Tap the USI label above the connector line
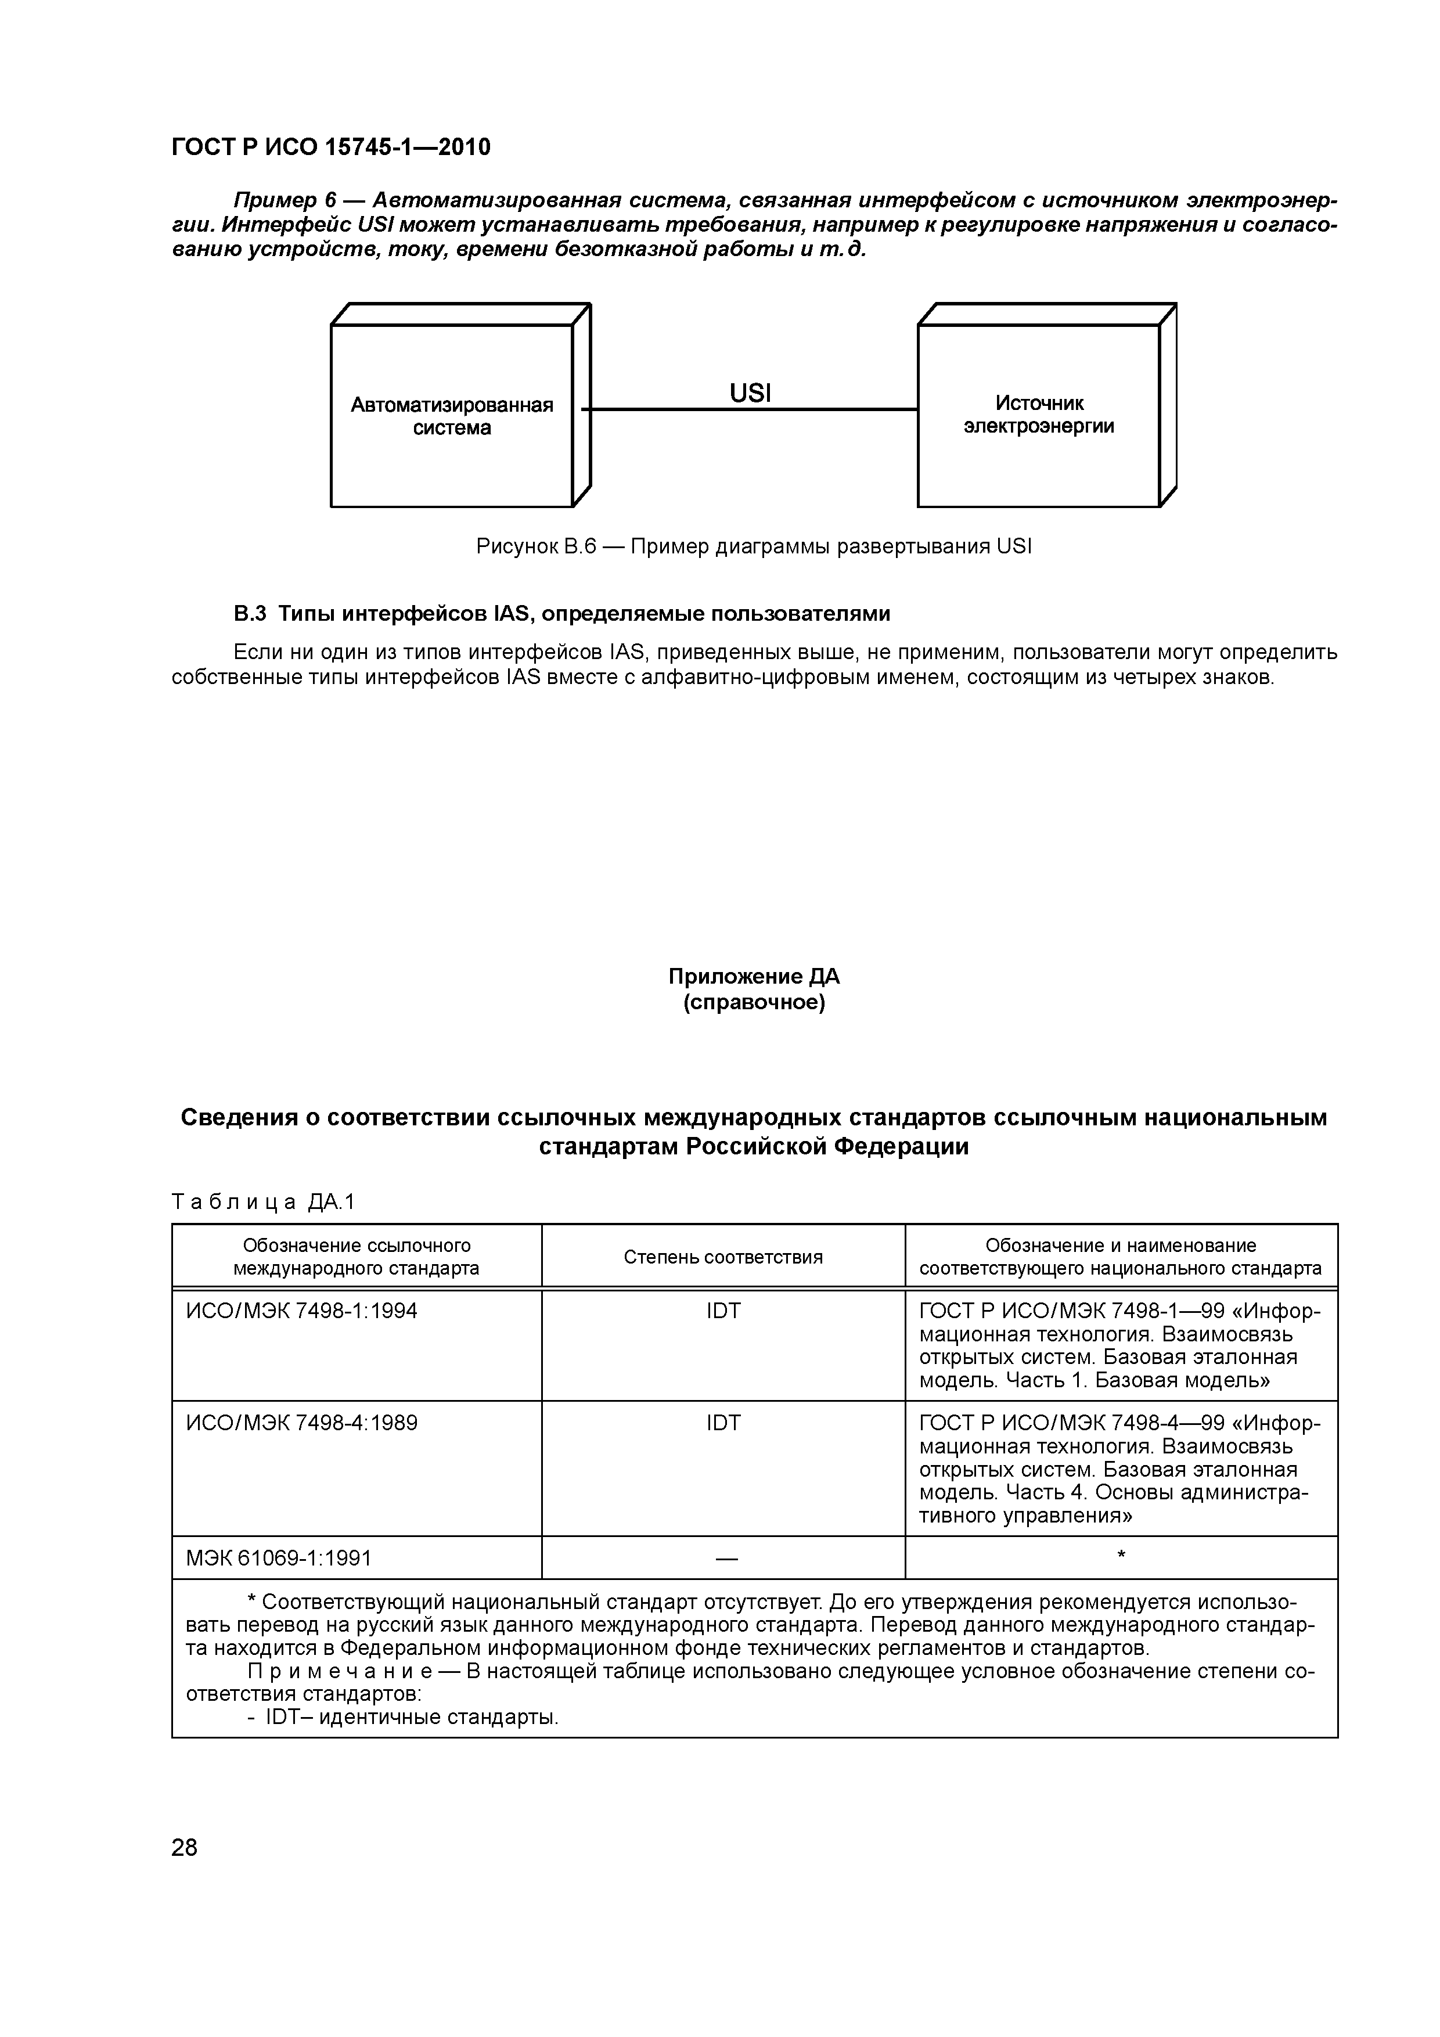(750, 393)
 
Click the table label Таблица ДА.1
(262, 1201)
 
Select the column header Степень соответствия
(722, 1256)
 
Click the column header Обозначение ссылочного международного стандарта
(356, 1256)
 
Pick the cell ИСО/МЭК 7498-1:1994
(302, 1311)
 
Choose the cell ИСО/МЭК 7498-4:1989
(302, 1422)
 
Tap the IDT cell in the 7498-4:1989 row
(722, 1422)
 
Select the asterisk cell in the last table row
(1121, 1555)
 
